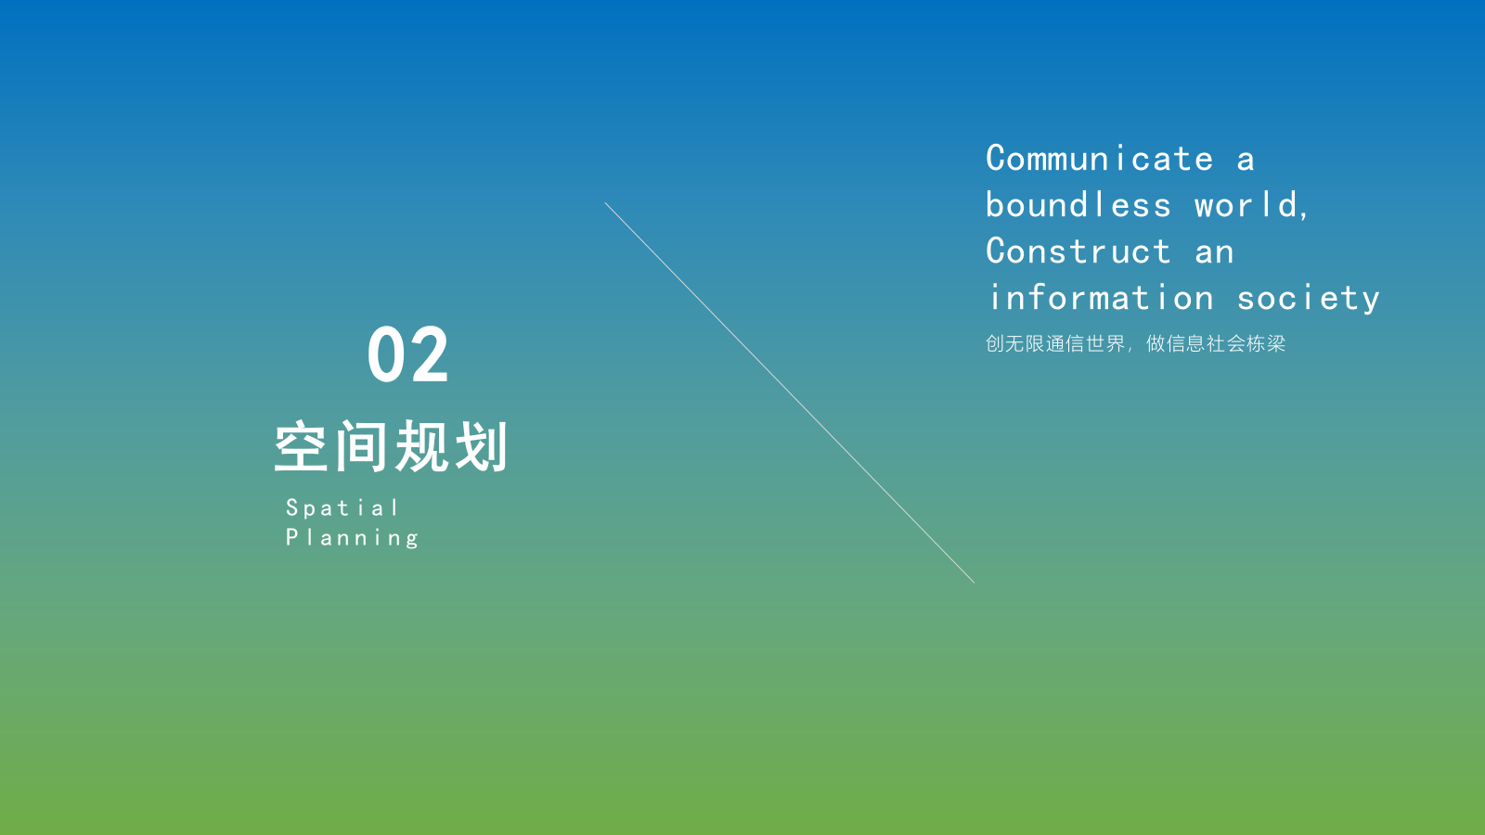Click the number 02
click(407, 354)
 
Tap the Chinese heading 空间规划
click(391, 447)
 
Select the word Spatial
click(342, 508)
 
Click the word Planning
click(352, 538)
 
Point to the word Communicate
click(1099, 159)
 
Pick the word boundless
click(1078, 205)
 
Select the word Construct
click(1078, 251)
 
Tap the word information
click(1101, 298)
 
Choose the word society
click(1308, 299)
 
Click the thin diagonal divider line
click(789, 392)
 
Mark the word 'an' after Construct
click(1214, 252)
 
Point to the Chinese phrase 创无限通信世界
click(1055, 344)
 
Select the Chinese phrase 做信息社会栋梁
click(1216, 344)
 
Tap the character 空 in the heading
click(301, 447)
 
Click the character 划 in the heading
click(481, 447)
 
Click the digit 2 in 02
click(430, 354)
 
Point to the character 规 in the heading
click(421, 447)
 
